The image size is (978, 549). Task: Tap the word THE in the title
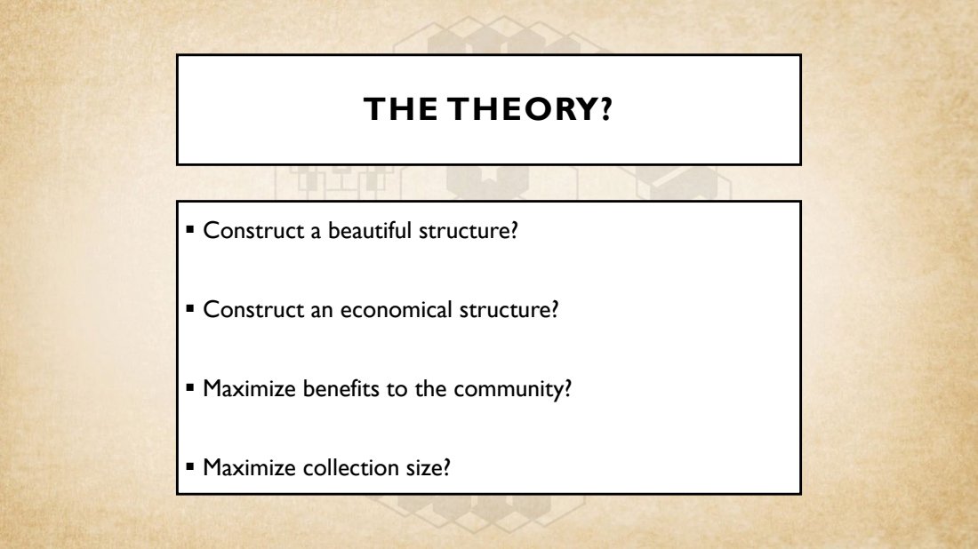[400, 109]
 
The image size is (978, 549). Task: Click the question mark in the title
[607, 109]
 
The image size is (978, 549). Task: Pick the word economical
[396, 310]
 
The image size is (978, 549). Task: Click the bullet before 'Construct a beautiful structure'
[190, 229]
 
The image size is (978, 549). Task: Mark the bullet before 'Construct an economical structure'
[190, 308]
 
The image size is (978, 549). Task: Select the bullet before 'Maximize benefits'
[190, 387]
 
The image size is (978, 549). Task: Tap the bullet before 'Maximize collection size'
[190, 466]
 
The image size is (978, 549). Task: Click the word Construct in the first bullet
[253, 231]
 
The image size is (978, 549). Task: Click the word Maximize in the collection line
[250, 467]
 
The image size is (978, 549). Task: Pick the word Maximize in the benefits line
[250, 388]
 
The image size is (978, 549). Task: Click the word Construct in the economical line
[253, 310]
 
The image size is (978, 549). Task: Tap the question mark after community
[567, 388]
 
